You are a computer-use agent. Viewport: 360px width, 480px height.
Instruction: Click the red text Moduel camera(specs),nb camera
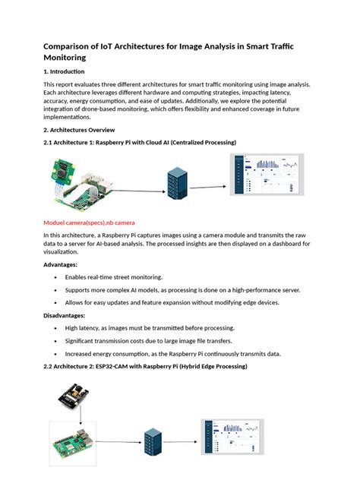point(89,223)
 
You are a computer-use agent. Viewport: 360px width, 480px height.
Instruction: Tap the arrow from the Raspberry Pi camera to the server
point(137,184)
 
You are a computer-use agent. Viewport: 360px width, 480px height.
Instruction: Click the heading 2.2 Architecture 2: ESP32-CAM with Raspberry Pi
point(145,366)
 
